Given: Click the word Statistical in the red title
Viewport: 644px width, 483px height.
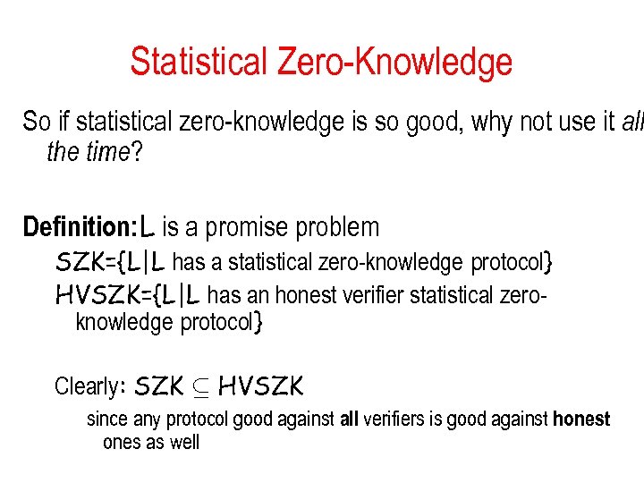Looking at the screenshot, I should click(199, 63).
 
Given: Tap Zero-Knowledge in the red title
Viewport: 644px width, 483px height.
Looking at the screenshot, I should click(395, 63).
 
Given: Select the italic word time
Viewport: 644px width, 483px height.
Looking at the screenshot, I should click(107, 153).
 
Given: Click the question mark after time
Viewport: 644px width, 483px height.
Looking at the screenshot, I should click(137, 153).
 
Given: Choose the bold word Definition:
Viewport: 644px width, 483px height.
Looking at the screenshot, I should click(79, 227).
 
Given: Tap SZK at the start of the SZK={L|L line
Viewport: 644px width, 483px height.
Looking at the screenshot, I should click(75, 263).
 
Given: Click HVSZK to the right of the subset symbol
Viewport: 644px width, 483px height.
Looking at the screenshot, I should click(260, 386).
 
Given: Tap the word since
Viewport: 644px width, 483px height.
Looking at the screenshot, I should click(107, 419).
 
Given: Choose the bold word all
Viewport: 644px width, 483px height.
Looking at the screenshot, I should click(349, 419).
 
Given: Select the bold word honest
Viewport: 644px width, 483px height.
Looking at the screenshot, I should click(581, 419).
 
